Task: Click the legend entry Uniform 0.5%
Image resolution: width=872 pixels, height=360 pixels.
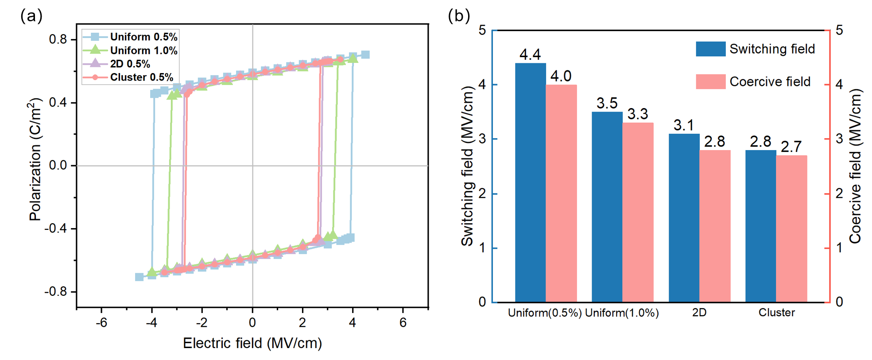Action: (143, 37)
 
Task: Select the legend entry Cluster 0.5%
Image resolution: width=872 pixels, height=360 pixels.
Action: (141, 77)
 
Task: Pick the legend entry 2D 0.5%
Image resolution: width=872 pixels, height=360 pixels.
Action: (130, 64)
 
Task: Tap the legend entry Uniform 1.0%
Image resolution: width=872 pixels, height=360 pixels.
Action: (143, 50)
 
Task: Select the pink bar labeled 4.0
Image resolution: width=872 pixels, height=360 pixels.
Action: (561, 193)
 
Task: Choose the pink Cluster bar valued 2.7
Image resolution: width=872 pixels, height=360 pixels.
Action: (791, 228)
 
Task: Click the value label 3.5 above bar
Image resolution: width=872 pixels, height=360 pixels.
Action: (607, 103)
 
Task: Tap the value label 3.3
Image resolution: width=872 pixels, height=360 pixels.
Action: (638, 114)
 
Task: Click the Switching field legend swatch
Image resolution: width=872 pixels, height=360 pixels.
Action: (710, 49)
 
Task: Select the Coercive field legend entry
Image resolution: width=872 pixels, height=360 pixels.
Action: (770, 82)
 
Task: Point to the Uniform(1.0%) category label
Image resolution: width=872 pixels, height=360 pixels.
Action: (622, 313)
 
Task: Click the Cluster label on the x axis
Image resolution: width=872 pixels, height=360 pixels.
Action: (776, 313)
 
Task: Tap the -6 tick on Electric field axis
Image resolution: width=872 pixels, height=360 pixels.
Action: (101, 322)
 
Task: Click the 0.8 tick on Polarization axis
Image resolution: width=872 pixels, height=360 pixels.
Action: (58, 39)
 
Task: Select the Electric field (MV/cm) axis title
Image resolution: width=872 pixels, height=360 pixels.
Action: (252, 343)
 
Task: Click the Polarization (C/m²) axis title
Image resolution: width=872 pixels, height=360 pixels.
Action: (35, 159)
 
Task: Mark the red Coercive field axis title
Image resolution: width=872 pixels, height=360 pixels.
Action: (855, 166)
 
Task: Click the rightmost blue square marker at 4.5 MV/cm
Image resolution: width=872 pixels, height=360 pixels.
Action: (365, 54)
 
